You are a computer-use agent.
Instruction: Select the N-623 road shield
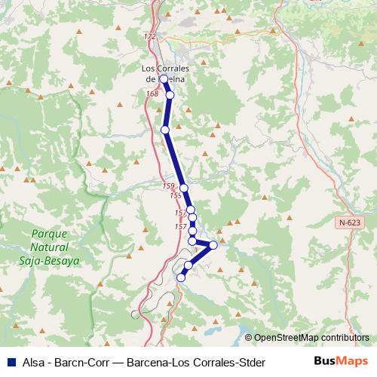click(350, 224)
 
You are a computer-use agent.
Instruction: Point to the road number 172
click(149, 37)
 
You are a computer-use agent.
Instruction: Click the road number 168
click(154, 93)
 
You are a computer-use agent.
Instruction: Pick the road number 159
click(168, 185)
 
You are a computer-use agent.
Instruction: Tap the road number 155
click(176, 196)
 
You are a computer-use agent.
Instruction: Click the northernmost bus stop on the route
click(164, 78)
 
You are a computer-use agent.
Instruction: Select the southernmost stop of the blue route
click(181, 277)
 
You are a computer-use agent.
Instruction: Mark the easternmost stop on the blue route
click(213, 244)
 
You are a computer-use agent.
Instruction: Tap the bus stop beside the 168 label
click(170, 95)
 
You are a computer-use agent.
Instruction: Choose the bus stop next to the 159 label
click(183, 187)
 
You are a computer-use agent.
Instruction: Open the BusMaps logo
click(342, 362)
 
